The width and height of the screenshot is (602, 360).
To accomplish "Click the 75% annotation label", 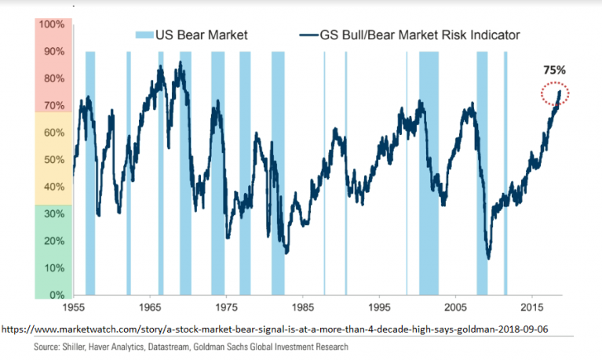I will pos(554,70).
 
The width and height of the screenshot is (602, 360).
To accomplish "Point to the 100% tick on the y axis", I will pos(52,24).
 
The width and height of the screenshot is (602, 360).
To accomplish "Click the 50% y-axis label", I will pos(52,160).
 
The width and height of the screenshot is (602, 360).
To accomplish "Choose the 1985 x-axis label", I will pos(302,307).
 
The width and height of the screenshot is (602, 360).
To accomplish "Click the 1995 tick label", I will pos(379,307).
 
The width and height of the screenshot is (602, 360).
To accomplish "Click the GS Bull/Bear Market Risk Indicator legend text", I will pos(419,35).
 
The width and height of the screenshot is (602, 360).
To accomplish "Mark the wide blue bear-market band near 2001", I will pos(429,173).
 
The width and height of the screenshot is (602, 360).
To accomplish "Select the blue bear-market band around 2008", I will pos(482,173).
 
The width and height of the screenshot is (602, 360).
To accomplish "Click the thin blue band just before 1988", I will pos(324,173).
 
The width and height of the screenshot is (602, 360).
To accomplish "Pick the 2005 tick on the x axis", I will pos(456,307).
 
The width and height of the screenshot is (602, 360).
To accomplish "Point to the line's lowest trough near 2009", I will pos(488,258).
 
